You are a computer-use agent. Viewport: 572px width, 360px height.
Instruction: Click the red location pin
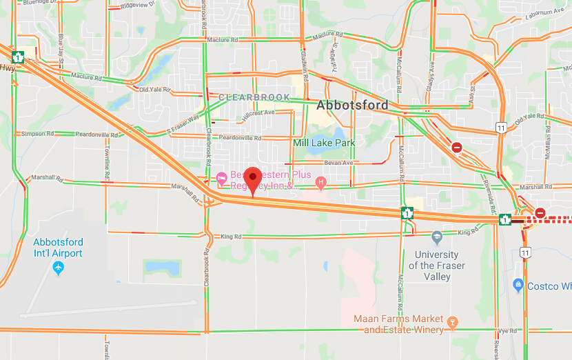pyautogui.click(x=253, y=179)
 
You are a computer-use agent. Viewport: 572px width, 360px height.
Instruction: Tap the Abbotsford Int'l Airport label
pyautogui.click(x=58, y=248)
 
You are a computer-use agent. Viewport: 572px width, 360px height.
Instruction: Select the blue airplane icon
pyautogui.click(x=58, y=267)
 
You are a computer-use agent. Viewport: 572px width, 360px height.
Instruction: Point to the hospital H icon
pyautogui.click(x=320, y=182)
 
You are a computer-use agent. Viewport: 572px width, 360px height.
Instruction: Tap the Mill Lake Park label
pyautogui.click(x=324, y=143)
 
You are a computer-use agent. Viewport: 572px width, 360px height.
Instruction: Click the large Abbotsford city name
pyautogui.click(x=351, y=106)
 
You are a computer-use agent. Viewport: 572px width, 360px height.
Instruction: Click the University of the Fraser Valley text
pyautogui.click(x=436, y=266)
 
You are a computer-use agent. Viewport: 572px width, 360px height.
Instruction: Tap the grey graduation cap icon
pyautogui.click(x=436, y=238)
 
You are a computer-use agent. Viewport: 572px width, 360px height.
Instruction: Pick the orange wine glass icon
pyautogui.click(x=452, y=321)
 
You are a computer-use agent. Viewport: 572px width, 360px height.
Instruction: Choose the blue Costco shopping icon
pyautogui.click(x=518, y=286)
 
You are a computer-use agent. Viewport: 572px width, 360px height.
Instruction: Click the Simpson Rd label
pyautogui.click(x=33, y=133)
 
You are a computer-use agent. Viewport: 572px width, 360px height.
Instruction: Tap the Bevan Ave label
pyautogui.click(x=338, y=162)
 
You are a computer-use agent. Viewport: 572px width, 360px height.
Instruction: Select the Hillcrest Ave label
pyautogui.click(x=258, y=112)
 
